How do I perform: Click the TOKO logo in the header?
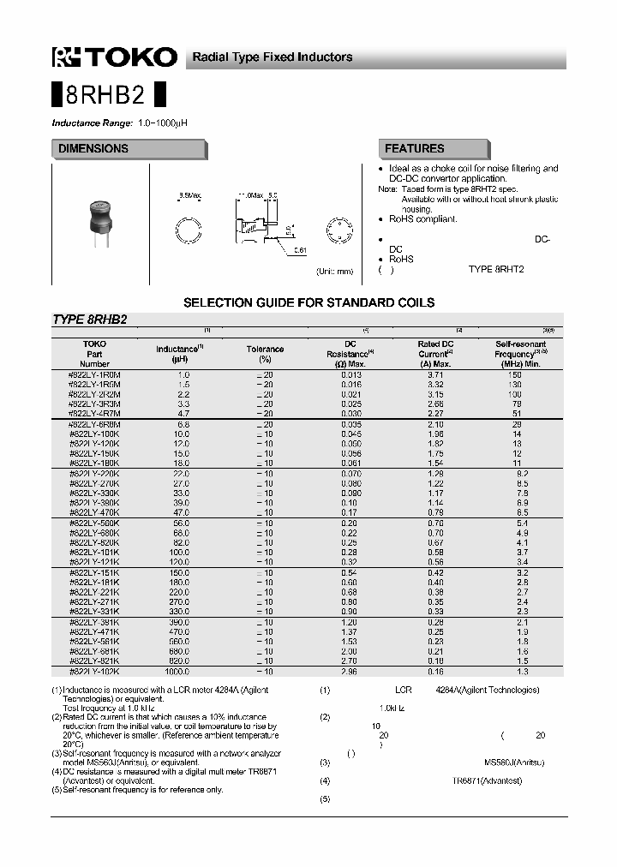tap(115, 57)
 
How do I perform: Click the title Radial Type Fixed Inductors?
tap(272, 57)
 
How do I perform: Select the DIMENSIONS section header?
tap(93, 149)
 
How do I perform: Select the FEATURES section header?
tap(415, 149)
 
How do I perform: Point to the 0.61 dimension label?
tap(300, 250)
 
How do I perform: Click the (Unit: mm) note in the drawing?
tap(335, 272)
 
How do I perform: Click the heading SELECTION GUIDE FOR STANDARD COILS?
tap(309, 302)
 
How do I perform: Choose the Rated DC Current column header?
tap(436, 349)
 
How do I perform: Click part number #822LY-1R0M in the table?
tap(94, 375)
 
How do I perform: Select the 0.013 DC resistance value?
tap(350, 375)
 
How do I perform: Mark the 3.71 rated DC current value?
tap(435, 375)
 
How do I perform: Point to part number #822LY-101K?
tap(94, 553)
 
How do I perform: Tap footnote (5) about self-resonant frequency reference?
tap(137, 790)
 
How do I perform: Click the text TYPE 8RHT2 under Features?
tap(495, 269)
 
